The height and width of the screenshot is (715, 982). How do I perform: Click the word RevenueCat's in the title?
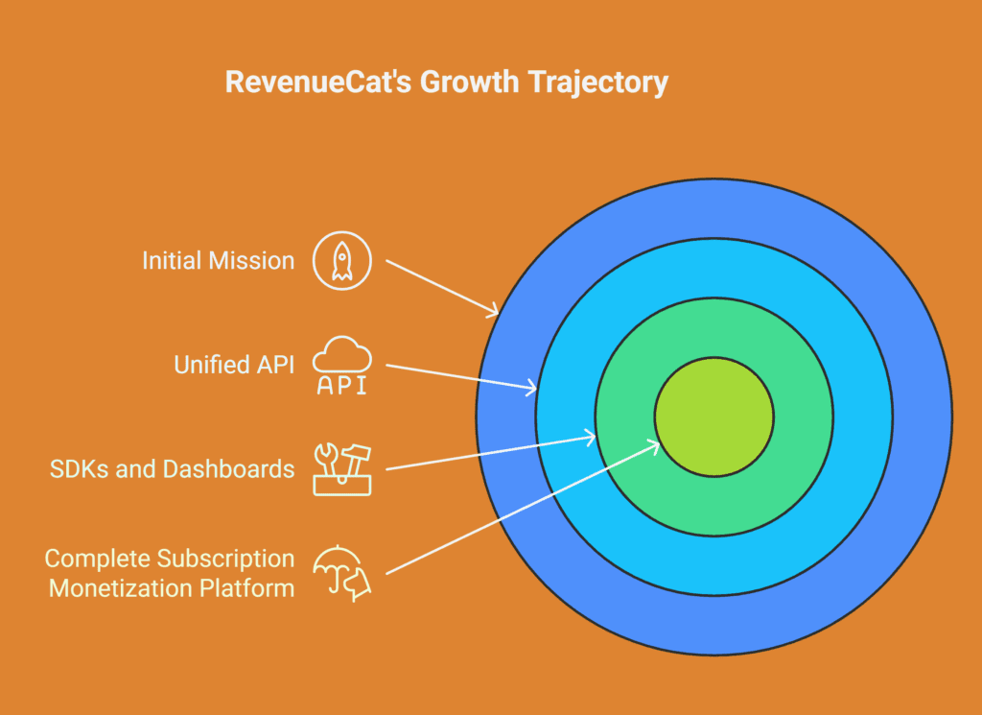[317, 83]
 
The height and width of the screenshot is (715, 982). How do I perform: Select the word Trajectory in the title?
[597, 83]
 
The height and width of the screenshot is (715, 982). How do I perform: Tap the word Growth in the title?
[469, 83]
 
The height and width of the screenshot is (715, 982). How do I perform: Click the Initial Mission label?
[218, 261]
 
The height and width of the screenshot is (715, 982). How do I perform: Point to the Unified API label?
[234, 365]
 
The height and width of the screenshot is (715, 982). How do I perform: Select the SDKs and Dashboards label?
[172, 468]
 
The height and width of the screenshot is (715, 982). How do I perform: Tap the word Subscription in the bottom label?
[225, 559]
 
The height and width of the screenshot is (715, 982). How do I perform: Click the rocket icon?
[342, 261]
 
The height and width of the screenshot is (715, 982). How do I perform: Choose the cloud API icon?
[342, 366]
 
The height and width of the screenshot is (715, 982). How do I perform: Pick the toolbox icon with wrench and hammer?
[342, 469]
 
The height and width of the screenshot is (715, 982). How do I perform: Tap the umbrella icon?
[342, 573]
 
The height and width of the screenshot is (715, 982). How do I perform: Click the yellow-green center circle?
[714, 417]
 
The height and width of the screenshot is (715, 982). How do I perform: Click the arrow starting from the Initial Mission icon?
[442, 287]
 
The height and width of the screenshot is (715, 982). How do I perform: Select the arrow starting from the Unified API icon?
[461, 377]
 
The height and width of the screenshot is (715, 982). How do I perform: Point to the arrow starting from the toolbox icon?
[490, 451]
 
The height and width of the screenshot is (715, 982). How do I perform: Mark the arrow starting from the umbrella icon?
[523, 508]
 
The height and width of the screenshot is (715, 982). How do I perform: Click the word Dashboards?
[228, 468]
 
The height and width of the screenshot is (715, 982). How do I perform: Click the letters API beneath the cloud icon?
[342, 385]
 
